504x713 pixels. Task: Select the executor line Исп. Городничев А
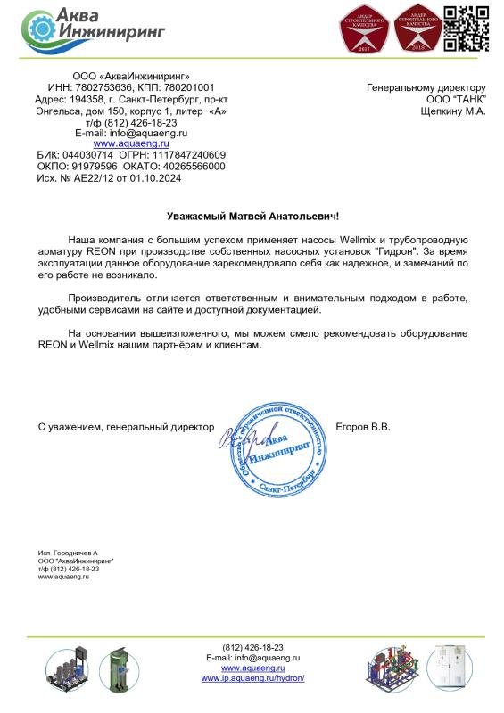[x=68, y=553]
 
